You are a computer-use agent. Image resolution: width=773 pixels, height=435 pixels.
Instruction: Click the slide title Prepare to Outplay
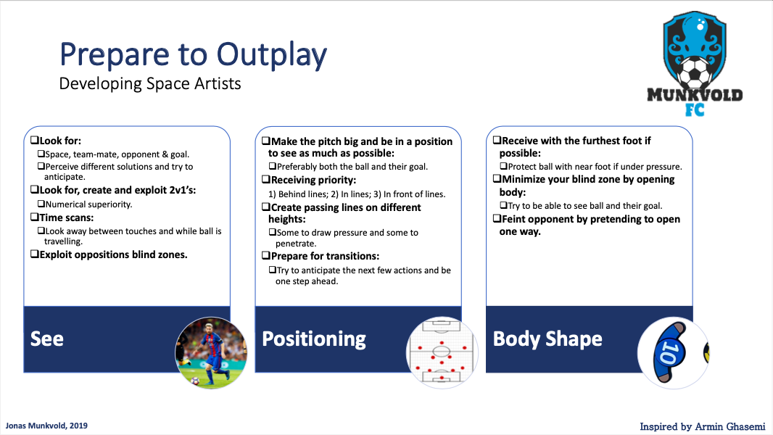click(x=193, y=55)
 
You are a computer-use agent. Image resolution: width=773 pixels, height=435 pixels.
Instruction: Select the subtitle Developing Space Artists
click(x=150, y=84)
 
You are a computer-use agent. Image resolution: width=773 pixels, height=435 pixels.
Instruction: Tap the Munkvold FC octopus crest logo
click(x=695, y=64)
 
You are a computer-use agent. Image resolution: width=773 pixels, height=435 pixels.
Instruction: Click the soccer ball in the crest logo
click(x=695, y=72)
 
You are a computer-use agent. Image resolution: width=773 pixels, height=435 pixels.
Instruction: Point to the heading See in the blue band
click(x=47, y=339)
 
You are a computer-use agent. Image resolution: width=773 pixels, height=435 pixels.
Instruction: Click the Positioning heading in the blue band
click(x=314, y=339)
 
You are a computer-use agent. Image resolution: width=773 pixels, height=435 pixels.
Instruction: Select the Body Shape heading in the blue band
click(x=547, y=339)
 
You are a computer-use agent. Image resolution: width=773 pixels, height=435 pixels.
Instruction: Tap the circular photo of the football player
click(x=211, y=353)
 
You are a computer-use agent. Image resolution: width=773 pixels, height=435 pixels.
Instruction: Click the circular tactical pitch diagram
click(x=442, y=353)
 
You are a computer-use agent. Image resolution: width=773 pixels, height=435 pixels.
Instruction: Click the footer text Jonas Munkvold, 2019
click(x=46, y=426)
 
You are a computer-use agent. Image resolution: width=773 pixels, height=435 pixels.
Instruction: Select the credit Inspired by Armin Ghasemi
click(x=703, y=426)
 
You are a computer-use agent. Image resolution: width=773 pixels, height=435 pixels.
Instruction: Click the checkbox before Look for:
click(x=35, y=141)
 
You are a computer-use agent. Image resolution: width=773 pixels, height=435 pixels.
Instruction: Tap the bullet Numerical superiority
click(x=88, y=204)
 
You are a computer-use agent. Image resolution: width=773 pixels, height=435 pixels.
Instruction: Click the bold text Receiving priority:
click(x=313, y=181)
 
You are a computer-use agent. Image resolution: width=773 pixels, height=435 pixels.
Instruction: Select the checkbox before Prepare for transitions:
click(x=265, y=256)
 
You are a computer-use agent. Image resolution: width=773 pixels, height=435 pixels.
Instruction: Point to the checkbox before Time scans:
click(x=35, y=217)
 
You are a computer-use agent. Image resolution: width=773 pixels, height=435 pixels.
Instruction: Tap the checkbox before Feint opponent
click(x=497, y=219)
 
